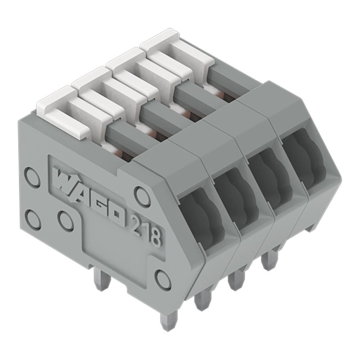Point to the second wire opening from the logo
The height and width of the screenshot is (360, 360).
coord(239,196)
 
